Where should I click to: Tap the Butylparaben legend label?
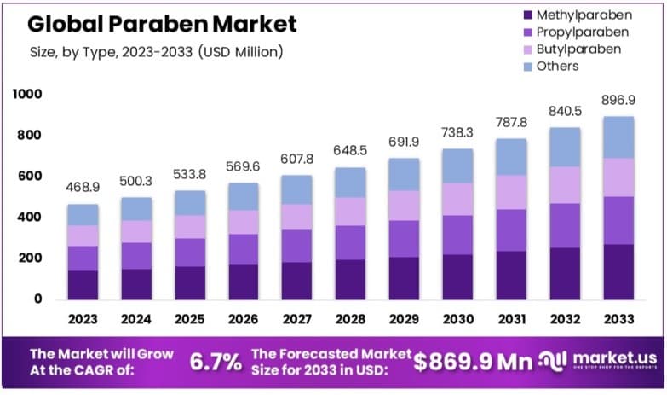pos(579,49)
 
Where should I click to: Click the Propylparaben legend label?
pos(582,32)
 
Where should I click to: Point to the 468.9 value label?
pos(83,188)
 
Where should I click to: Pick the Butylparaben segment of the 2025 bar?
pos(189,226)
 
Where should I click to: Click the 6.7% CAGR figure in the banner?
pos(216,362)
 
